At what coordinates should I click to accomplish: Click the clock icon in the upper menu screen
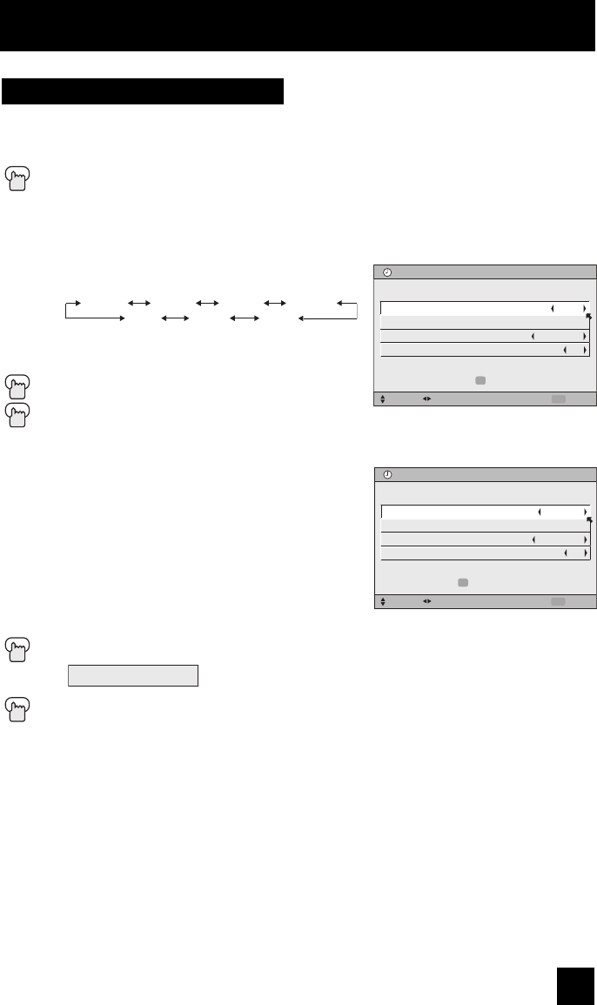point(388,271)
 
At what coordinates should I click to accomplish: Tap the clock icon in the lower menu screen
point(388,475)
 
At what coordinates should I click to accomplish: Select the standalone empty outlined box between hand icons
point(133,675)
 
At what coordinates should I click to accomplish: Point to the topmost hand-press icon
point(17,177)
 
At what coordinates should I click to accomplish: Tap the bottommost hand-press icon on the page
point(17,712)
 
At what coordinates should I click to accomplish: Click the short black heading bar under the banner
point(143,91)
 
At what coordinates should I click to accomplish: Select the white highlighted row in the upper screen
point(484,307)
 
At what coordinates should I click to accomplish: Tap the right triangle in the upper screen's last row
point(585,350)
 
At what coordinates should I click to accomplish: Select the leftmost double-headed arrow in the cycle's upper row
point(139,303)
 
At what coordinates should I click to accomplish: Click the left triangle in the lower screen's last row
point(565,553)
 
